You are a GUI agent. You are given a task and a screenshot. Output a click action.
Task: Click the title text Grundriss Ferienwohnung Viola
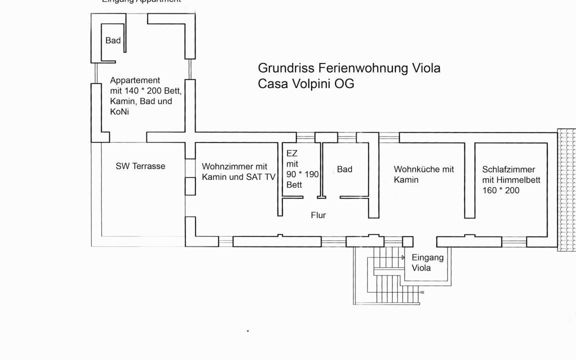coord(349,68)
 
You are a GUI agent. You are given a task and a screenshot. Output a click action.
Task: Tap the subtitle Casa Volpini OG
coord(306,83)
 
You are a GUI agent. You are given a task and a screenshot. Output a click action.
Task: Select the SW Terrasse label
coord(140,166)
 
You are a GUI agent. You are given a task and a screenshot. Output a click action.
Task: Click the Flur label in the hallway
coord(318,215)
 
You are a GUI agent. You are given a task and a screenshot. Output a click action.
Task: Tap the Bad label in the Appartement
coord(113,40)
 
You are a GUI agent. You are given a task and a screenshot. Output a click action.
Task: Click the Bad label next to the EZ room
coord(344,169)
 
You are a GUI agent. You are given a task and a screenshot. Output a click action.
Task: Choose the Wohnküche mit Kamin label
coord(423,174)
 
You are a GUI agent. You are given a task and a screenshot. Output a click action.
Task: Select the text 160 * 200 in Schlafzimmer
coord(500,190)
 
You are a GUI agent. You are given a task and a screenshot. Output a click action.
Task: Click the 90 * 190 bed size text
coord(302,174)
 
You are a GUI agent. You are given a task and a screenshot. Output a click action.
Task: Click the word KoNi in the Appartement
coord(119,112)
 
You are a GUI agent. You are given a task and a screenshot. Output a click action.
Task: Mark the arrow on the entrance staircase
coord(402,257)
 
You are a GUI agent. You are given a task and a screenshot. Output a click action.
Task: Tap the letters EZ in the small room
coord(291,153)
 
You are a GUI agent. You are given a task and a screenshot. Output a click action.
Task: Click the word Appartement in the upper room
coord(135,80)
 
